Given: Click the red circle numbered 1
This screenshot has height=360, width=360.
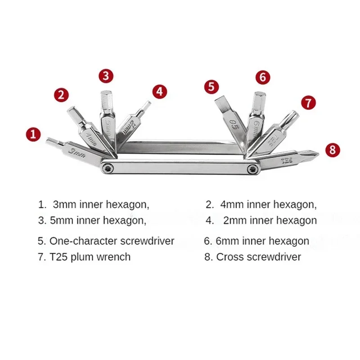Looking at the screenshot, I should (33, 134).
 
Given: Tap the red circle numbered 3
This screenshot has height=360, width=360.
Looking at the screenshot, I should (105, 76).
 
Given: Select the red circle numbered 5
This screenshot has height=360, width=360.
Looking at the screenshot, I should (211, 86).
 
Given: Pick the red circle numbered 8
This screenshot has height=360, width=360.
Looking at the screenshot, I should (332, 150).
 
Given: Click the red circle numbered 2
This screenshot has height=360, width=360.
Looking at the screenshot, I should (63, 95).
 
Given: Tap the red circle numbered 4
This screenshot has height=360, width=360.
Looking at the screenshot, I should (159, 91).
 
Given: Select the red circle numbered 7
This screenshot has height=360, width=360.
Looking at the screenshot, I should (308, 103).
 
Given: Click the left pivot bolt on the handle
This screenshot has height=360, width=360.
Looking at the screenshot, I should (108, 168).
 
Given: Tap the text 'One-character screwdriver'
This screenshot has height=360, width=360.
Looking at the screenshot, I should (112, 241).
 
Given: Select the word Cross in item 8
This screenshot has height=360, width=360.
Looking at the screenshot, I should (229, 257).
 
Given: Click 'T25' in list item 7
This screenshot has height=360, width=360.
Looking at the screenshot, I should (58, 257).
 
